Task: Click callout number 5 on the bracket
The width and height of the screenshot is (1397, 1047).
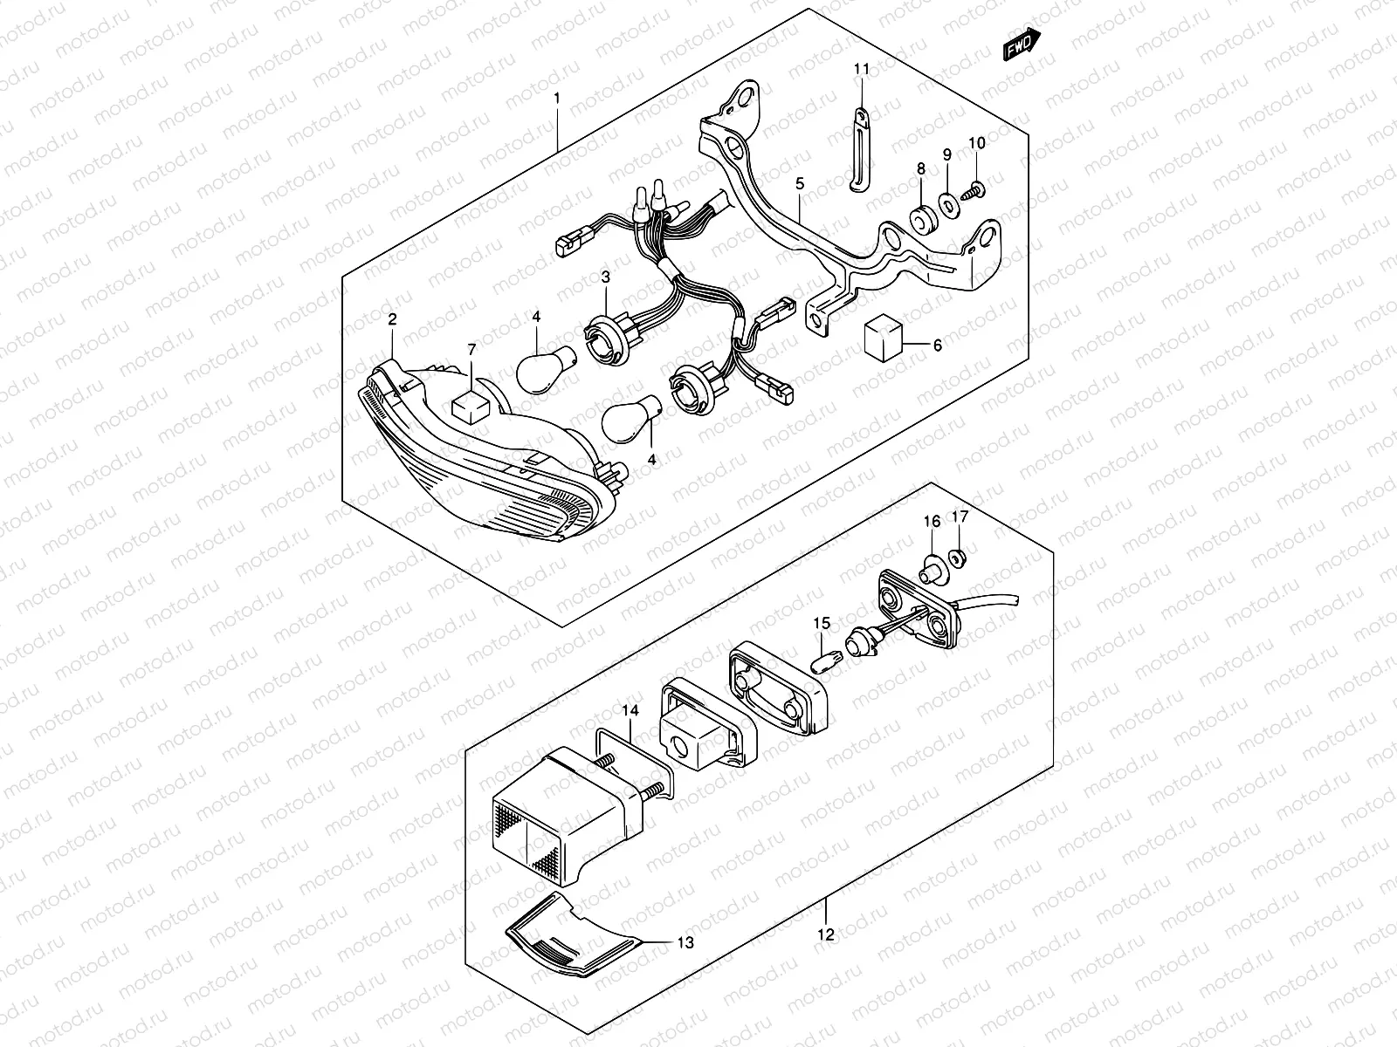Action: point(799,185)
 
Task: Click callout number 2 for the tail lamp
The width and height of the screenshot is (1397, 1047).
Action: point(392,320)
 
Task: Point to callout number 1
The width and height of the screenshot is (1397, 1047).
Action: point(557,99)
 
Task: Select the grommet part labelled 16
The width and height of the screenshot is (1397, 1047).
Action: point(932,567)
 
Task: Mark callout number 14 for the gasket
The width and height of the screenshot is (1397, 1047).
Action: point(630,712)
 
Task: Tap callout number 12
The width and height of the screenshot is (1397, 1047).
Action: point(825,935)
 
